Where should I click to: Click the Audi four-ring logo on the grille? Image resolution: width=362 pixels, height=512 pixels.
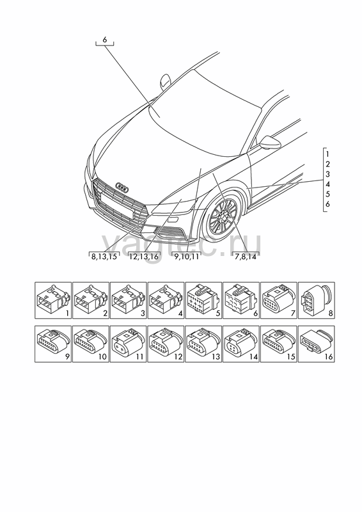pyautogui.click(x=122, y=188)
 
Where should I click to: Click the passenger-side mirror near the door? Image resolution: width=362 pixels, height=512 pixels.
pyautogui.click(x=271, y=142)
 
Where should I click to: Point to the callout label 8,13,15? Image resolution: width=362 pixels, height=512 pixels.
pyautogui.click(x=104, y=257)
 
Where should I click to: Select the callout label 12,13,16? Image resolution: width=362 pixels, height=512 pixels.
pyautogui.click(x=144, y=257)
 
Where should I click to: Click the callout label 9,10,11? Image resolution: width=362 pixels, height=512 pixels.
pyautogui.click(x=186, y=257)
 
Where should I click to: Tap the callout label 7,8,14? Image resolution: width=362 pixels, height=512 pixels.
pyautogui.click(x=246, y=257)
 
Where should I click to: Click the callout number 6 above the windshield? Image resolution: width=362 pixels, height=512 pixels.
pyautogui.click(x=104, y=40)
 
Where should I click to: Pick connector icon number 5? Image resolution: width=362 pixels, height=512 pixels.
pyautogui.click(x=203, y=300)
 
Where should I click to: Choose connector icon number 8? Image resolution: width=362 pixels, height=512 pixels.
pyautogui.click(x=317, y=300)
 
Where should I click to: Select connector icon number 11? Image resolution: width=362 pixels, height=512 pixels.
pyautogui.click(x=129, y=344)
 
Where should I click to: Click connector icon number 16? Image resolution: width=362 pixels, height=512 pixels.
pyautogui.click(x=317, y=344)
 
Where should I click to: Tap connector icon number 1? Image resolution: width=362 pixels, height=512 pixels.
pyautogui.click(x=53, y=300)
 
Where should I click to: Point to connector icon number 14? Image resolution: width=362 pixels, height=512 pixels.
pyautogui.click(x=241, y=344)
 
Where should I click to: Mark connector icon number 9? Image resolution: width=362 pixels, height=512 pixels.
pyautogui.click(x=53, y=344)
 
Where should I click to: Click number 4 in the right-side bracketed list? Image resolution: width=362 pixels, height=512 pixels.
pyautogui.click(x=327, y=184)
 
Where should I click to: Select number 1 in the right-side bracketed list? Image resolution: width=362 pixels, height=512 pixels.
pyautogui.click(x=327, y=154)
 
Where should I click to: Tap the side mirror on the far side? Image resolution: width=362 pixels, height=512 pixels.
pyautogui.click(x=165, y=82)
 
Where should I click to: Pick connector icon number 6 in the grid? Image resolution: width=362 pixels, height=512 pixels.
pyautogui.click(x=241, y=300)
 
